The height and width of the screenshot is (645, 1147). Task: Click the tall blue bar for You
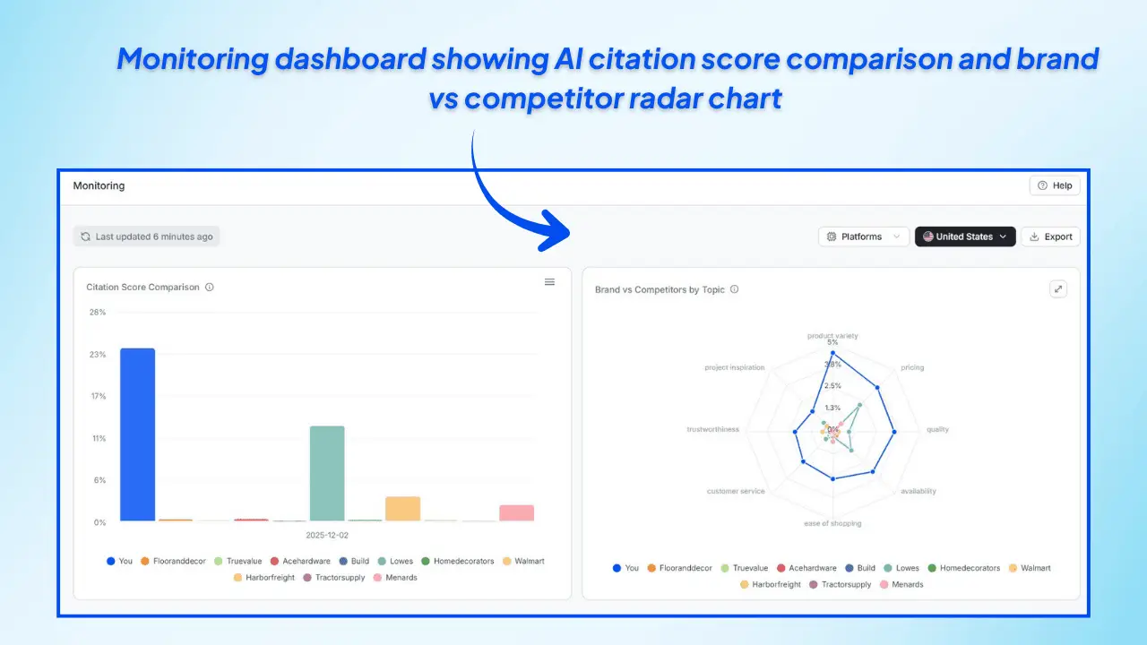137,434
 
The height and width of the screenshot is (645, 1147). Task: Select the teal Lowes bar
327,473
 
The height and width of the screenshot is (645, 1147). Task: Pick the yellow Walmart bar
402,508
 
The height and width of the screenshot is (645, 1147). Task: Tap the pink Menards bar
516,512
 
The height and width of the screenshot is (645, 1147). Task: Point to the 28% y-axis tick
97,312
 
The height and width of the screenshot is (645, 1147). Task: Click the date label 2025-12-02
327,535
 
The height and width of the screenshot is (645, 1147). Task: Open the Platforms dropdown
863,236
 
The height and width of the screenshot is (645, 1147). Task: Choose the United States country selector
964,236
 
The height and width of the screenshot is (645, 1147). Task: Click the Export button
1050,236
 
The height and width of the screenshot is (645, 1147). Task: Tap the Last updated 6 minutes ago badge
146,236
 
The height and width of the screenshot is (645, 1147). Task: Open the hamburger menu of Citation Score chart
549,282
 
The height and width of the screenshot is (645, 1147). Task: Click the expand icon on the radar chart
1058,288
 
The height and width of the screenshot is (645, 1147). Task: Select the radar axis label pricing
911,367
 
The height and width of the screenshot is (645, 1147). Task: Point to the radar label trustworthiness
712,429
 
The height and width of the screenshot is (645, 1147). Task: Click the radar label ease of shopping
832,523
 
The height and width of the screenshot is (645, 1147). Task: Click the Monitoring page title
99,185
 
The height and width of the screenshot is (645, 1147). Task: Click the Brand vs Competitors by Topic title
660,289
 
